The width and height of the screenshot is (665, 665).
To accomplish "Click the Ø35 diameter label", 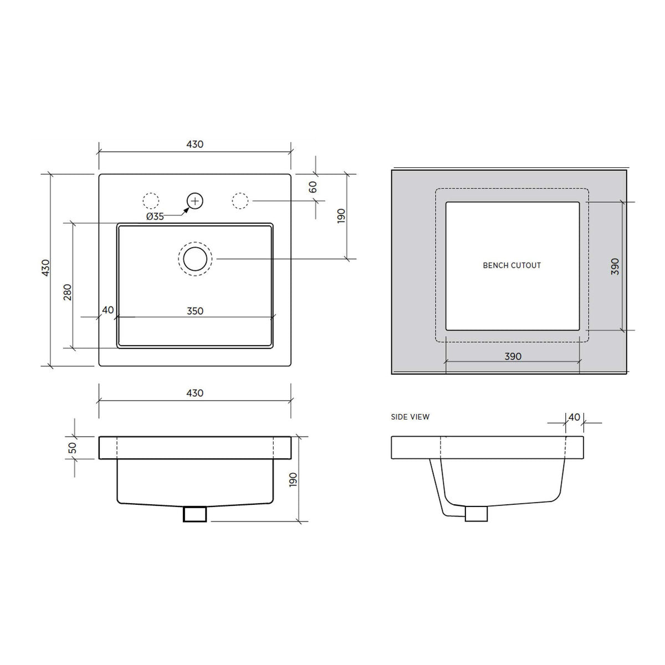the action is click(x=155, y=216).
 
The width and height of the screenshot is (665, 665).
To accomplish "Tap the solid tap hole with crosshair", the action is click(x=195, y=201).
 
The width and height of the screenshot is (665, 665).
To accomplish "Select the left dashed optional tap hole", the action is click(x=151, y=201).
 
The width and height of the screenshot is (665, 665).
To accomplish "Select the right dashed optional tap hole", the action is click(x=240, y=201).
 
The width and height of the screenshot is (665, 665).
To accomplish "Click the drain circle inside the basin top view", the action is click(x=195, y=259).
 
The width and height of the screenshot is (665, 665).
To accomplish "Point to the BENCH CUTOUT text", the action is click(x=512, y=266).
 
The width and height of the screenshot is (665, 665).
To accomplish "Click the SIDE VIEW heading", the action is click(x=410, y=417).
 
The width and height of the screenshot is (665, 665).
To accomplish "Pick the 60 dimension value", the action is click(x=313, y=187).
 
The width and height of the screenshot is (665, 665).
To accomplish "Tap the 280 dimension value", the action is click(x=68, y=292).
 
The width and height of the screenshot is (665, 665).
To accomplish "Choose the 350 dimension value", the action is click(x=195, y=311).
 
